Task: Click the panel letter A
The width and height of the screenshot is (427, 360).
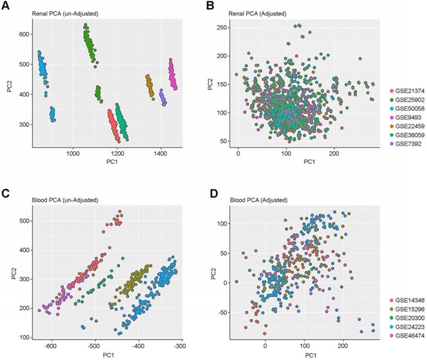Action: [6, 6]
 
